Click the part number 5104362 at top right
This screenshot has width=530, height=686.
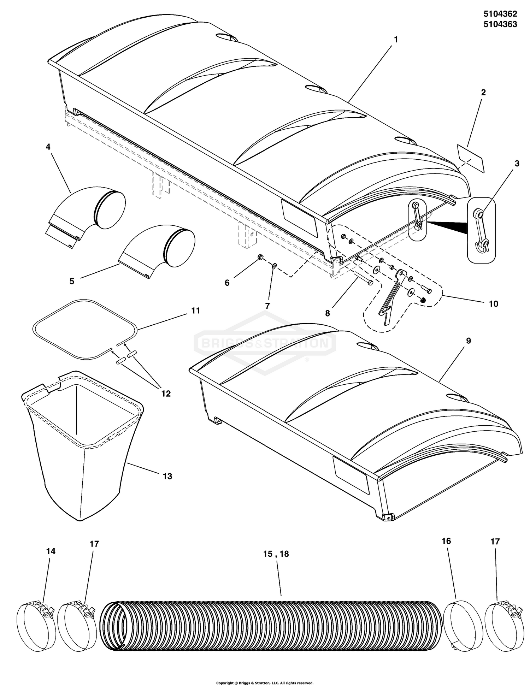tap(500, 14)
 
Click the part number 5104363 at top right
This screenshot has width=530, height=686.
tap(500, 24)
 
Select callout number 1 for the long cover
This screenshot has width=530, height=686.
tap(396, 40)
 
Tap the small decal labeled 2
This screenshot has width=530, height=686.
tap(470, 158)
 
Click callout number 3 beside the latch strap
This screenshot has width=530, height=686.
tap(517, 163)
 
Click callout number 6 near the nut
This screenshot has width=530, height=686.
tap(227, 283)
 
